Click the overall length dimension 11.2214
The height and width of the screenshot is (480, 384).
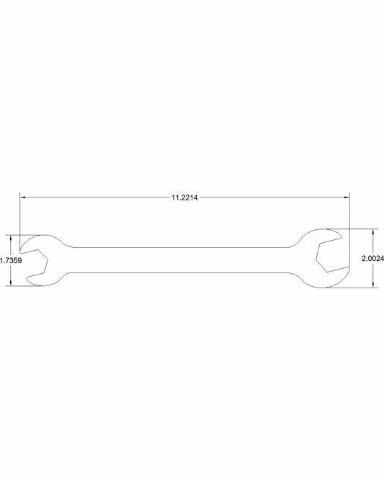tap(184, 197)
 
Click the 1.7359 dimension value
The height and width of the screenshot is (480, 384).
tap(11, 260)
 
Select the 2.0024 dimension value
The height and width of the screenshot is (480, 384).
tap(372, 259)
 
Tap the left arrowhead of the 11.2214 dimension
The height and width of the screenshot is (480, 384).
tap(22, 197)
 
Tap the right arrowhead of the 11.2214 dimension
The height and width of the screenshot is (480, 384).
tap(347, 197)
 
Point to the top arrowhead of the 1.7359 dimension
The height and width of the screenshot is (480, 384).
tap(11, 238)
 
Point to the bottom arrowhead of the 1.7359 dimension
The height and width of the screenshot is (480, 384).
tap(11, 283)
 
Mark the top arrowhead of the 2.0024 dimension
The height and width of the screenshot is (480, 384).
tap(373, 231)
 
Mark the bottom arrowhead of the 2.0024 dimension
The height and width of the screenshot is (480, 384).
tap(373, 285)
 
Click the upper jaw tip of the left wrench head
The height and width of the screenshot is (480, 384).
tap(20, 252)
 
